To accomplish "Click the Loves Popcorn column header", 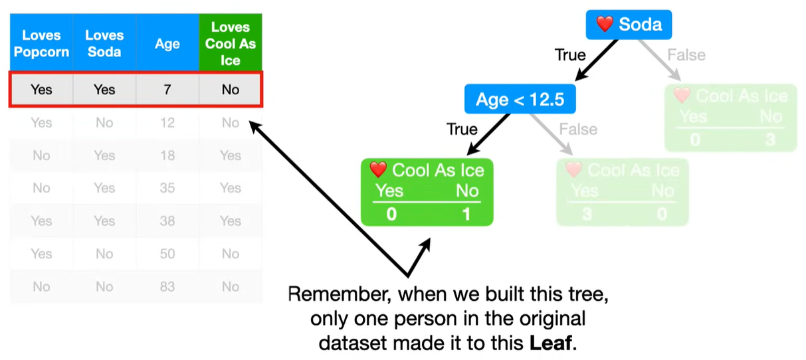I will coord(41,43).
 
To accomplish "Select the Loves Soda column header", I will coord(104,43).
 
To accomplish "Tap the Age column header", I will coord(167,44).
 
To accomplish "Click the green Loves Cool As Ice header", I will coord(231,43).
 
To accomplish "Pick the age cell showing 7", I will coord(167,89).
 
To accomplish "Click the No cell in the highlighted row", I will coord(231,89).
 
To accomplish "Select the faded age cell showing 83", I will coord(167,286).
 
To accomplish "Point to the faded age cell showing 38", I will coord(167,221).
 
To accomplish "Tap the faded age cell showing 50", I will coord(167,253).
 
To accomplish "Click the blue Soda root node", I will coord(629,25).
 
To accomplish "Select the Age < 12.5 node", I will coord(520,100).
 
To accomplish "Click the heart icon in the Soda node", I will coord(604,25).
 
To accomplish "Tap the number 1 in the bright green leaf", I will coord(467,215).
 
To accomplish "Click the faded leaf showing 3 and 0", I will coord(623,192).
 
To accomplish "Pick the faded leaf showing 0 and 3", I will coord(730,118).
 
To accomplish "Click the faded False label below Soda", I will coord(686,55).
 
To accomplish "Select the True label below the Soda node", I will coord(570,55).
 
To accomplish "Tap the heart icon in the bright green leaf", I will coord(378,170).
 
